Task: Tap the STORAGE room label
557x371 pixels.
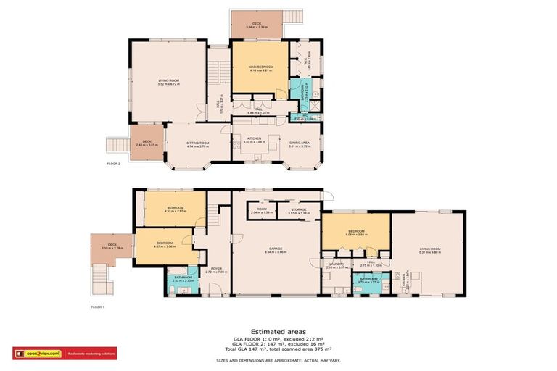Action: click(298, 211)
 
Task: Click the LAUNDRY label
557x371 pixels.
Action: click(335, 266)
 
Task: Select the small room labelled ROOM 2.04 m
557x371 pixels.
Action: click(261, 211)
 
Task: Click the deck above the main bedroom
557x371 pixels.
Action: click(257, 26)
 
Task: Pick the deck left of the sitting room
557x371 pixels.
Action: click(147, 143)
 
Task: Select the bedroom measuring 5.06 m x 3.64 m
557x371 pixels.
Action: click(357, 233)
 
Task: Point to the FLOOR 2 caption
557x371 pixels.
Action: click(113, 164)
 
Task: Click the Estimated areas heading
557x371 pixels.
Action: click(278, 333)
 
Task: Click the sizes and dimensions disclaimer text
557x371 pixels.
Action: click(278, 359)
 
